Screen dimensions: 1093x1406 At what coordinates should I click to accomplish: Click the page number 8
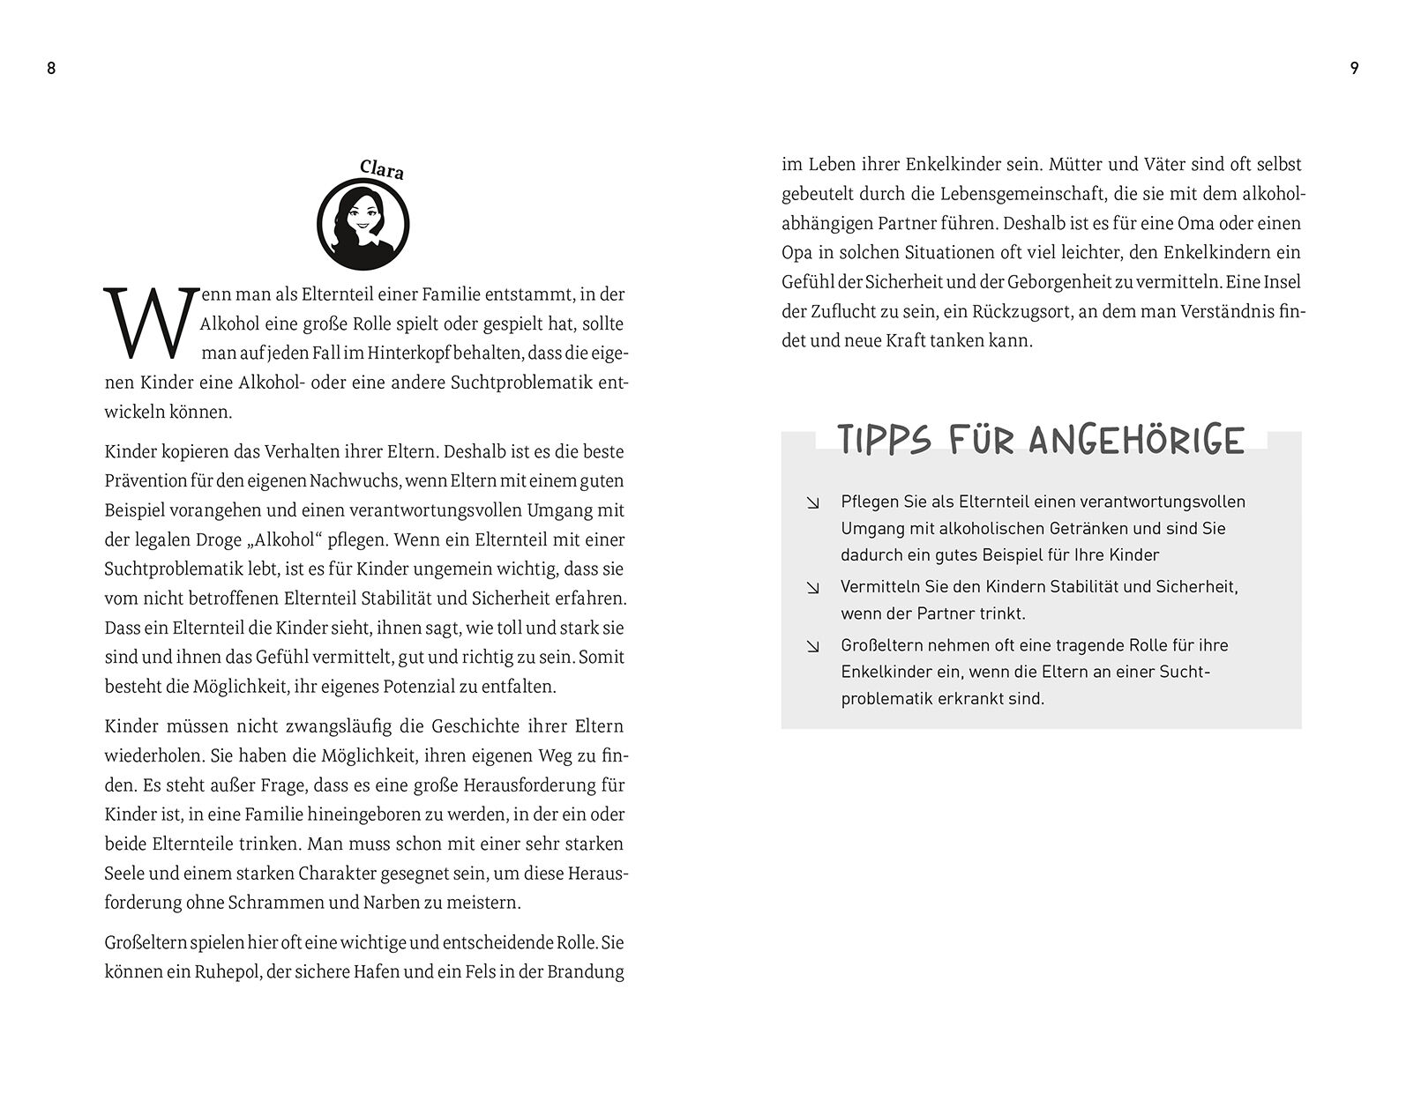pos(51,68)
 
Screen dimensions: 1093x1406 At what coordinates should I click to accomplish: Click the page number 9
pos(1354,68)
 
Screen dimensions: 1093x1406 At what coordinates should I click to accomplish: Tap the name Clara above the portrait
pos(382,169)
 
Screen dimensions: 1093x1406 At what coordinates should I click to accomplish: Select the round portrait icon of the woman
pos(363,224)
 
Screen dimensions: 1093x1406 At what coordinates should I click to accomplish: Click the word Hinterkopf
pos(404,353)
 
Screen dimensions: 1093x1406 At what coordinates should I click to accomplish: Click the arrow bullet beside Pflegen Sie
pos(812,502)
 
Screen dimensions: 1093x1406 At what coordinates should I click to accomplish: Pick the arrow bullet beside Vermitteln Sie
pos(812,588)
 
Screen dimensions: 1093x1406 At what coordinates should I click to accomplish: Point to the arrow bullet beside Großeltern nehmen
pos(812,646)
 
